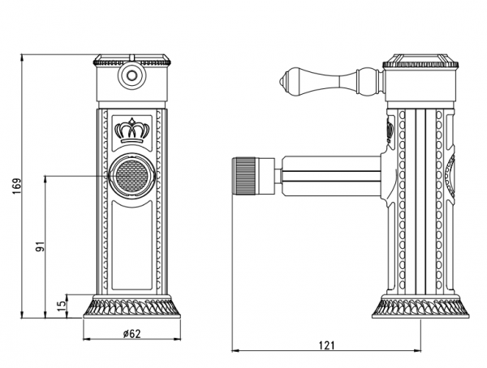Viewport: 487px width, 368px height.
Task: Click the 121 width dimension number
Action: click(x=326, y=345)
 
